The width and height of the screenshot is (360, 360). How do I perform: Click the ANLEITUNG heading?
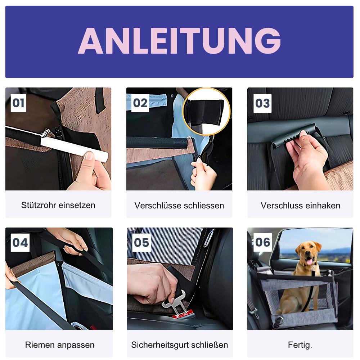click(x=179, y=41)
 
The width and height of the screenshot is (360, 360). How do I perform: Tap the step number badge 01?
click(x=18, y=103)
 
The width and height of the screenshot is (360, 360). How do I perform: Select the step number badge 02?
click(x=140, y=103)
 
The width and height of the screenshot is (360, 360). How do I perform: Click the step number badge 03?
click(x=262, y=103)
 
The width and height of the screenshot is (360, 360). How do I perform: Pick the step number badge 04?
click(x=20, y=243)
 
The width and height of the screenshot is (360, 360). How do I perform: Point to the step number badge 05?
click(x=141, y=243)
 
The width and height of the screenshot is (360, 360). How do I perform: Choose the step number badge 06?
click(x=262, y=242)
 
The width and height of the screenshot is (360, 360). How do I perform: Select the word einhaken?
click(x=323, y=206)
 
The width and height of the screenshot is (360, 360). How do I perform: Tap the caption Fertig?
click(x=300, y=345)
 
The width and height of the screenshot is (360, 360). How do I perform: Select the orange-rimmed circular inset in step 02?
click(x=207, y=112)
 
